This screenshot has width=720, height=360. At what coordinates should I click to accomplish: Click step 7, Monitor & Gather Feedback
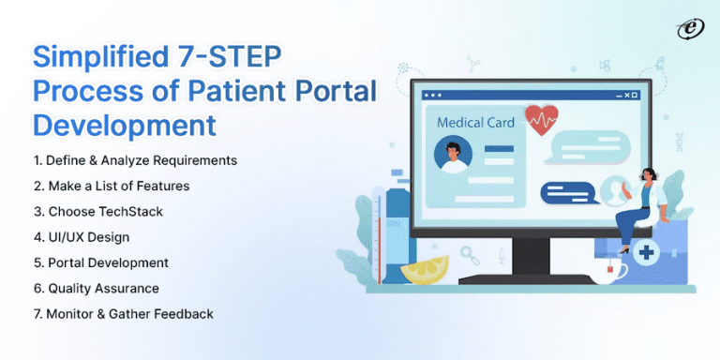(123, 313)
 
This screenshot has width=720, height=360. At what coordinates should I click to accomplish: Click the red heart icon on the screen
(542, 119)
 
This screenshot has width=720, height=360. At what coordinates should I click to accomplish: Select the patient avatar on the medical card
(456, 156)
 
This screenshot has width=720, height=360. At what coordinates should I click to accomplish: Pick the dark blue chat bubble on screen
(566, 191)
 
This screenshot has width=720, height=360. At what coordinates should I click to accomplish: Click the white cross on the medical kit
(645, 252)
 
